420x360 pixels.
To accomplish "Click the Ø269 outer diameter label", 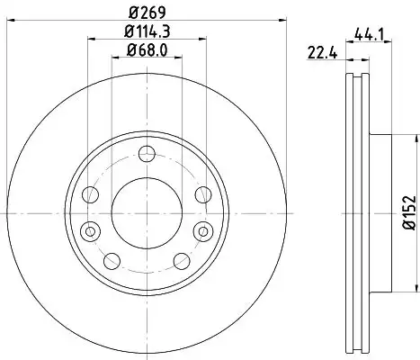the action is (147, 13).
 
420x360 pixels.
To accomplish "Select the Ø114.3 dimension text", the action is (147, 31).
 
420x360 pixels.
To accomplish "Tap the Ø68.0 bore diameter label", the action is (147, 49).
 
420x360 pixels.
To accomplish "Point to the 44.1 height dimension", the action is (369, 34).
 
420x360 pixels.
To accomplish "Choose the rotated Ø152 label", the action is (410, 212).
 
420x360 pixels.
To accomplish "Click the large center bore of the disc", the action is (147, 213).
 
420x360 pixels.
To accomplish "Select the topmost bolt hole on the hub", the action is (147, 154).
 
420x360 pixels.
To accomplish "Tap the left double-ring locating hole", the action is (90, 231).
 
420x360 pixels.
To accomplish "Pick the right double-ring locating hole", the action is (203, 231).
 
